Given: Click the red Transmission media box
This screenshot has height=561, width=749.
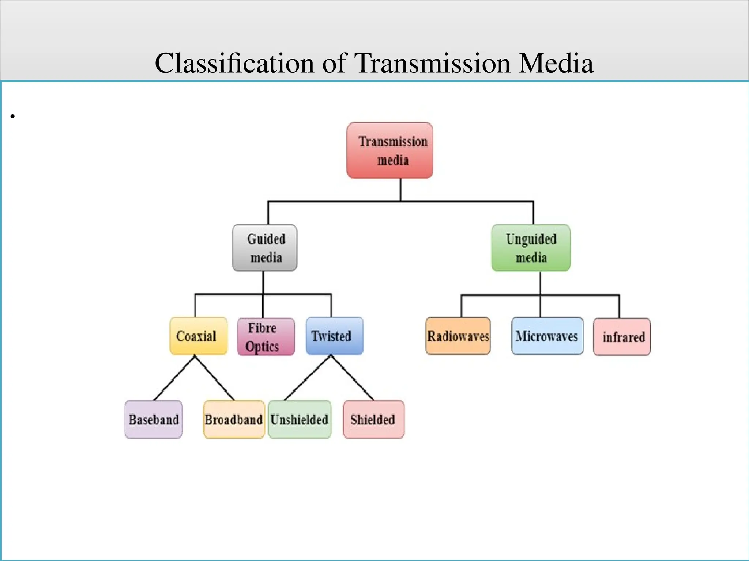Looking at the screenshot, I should click(390, 150).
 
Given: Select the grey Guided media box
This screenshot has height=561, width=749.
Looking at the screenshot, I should click(264, 248).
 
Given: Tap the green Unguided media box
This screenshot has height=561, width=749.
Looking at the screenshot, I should click(531, 248).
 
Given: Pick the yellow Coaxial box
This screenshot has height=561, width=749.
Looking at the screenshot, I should click(198, 336).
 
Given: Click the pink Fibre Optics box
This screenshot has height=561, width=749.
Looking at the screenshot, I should click(266, 337).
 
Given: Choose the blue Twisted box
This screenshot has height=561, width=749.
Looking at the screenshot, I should click(335, 336).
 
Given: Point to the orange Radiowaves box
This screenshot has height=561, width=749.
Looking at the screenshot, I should click(458, 336).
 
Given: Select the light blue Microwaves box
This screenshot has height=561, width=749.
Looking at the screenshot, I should click(547, 336).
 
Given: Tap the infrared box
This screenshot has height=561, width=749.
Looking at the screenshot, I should click(622, 337).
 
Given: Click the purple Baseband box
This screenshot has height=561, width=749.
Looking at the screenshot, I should click(154, 419).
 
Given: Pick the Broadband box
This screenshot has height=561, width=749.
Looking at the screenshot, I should click(234, 419).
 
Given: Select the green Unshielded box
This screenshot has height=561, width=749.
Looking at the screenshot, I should click(300, 419).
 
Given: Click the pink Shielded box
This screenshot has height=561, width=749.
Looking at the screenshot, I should click(373, 419).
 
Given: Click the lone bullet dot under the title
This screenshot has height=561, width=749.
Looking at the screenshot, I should click(12, 117).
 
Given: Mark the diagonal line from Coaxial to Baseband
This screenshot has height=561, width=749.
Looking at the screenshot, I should click(174, 378).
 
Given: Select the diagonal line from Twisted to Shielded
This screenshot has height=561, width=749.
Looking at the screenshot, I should click(353, 378).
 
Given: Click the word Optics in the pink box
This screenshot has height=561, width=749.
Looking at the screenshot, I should click(262, 346).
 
